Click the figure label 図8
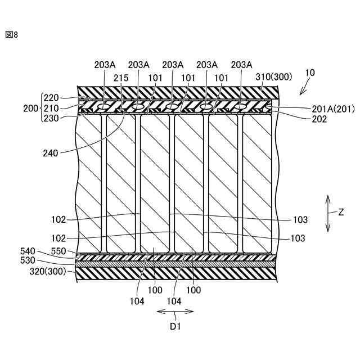coord(12,34)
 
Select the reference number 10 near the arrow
coord(310,73)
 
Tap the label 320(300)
coord(46,272)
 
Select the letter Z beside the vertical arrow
coord(341,213)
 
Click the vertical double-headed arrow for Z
coord(327,213)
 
